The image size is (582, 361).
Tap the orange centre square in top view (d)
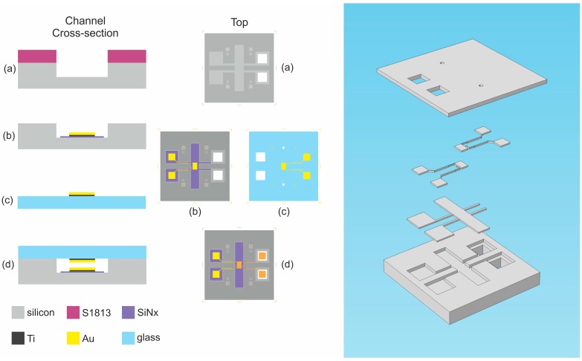click(x=239, y=265)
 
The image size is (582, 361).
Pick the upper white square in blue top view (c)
click(x=260, y=157)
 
